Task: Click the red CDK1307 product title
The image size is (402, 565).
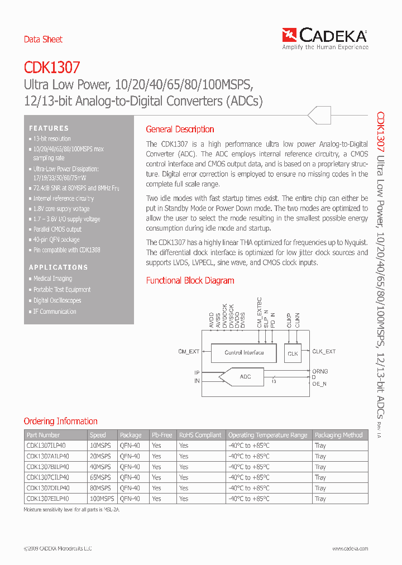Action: point(52,68)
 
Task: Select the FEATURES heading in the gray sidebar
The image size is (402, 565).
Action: point(49,128)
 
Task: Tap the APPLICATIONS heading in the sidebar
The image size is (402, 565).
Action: point(59,267)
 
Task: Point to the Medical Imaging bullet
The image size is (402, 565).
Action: point(52,279)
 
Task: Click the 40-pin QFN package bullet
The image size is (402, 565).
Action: point(56,240)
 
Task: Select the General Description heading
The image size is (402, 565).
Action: point(180,130)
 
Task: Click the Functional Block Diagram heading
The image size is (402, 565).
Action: point(190,281)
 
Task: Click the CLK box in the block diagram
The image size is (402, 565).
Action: point(293,353)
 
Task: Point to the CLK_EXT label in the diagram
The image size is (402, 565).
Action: point(324,352)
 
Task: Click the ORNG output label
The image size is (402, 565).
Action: point(320,371)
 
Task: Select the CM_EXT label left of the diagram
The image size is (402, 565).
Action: point(189,352)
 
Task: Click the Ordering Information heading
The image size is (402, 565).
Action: point(60,422)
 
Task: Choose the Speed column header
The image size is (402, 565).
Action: point(98,435)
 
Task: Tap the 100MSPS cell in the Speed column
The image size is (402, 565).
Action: point(102,499)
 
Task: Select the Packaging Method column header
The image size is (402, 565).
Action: point(338,435)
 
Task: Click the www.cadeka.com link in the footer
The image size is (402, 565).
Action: point(347,549)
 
